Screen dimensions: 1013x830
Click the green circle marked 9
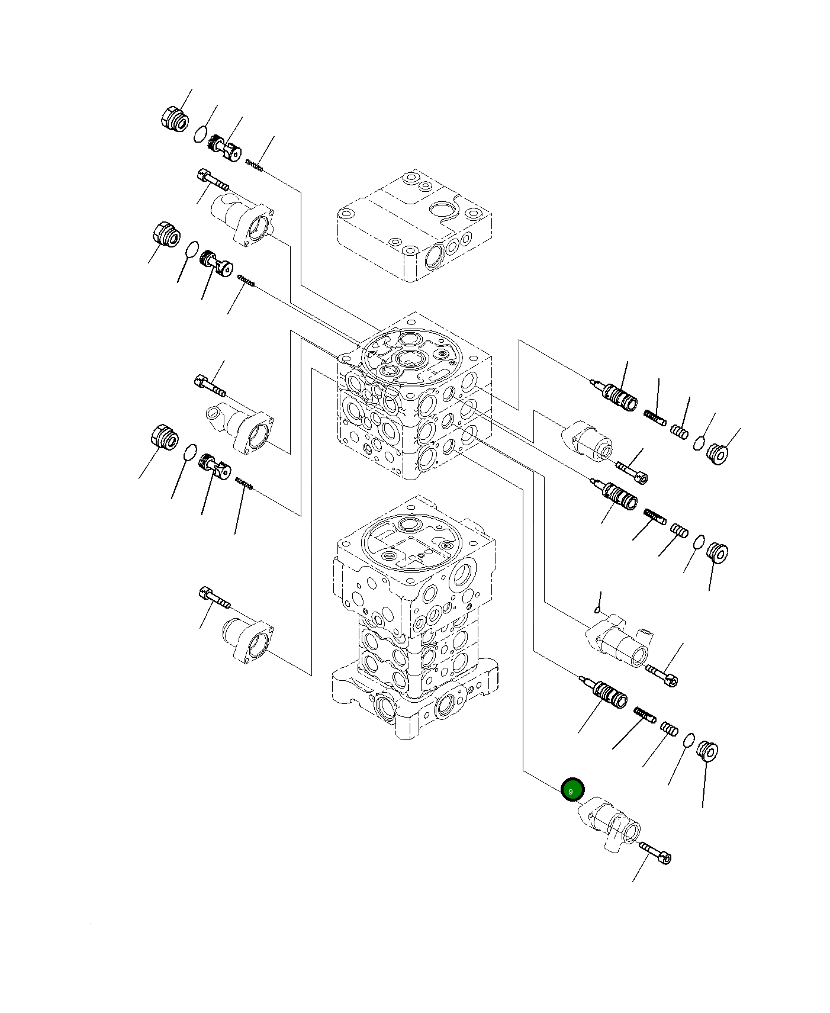point(572,790)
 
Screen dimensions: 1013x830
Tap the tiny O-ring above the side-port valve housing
point(600,610)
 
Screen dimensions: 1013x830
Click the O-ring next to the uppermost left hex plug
point(201,134)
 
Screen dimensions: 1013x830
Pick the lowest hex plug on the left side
point(162,438)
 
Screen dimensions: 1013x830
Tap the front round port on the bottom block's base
point(385,707)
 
